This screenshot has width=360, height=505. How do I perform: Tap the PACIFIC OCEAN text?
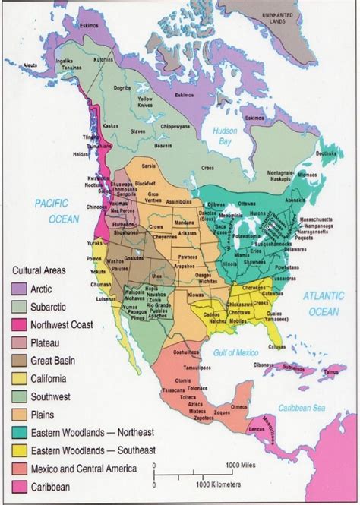click(52, 209)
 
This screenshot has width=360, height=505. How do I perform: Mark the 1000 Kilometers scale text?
click(228, 484)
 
